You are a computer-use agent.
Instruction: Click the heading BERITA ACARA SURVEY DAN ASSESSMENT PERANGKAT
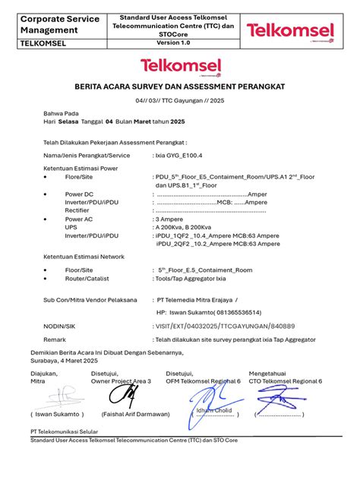pos(179,87)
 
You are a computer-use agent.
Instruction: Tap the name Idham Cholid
pos(215,411)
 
